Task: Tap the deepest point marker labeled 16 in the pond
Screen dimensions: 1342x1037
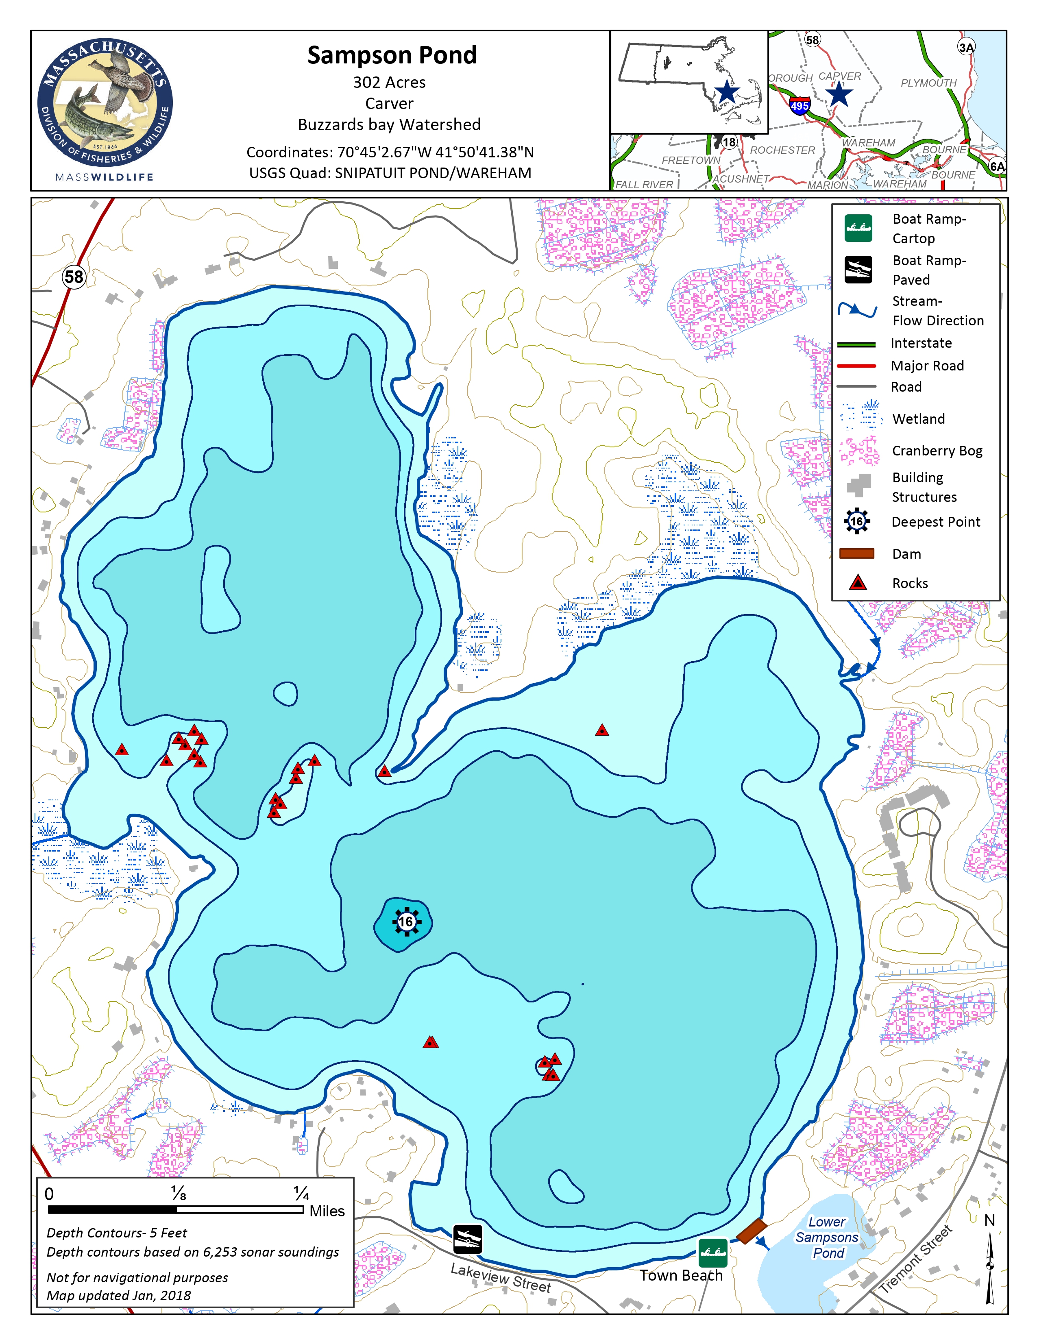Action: pos(405,922)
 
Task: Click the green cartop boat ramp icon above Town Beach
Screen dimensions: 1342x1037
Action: pos(712,1252)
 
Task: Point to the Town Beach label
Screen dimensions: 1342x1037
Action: pos(681,1276)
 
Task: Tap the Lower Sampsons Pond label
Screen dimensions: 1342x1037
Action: pos(827,1237)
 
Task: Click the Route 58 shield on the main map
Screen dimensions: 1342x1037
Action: pos(74,277)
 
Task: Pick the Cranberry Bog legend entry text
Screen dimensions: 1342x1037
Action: pos(937,451)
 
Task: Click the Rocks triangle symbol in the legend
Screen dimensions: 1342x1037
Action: pos(858,582)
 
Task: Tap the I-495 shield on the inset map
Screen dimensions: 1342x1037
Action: pos(799,105)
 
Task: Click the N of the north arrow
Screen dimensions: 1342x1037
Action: pos(989,1220)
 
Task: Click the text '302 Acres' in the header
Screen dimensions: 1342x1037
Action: pos(389,82)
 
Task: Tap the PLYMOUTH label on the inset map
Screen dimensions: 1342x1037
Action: pos(928,83)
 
